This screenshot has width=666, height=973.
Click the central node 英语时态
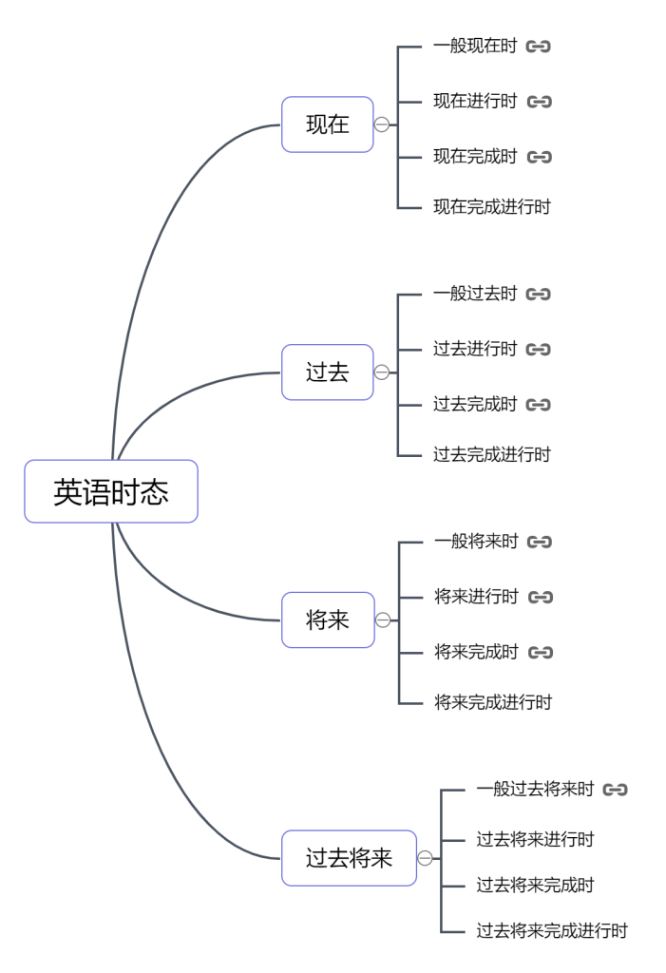111,491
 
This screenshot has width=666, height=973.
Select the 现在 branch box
328,124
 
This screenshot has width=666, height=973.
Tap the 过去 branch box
328,372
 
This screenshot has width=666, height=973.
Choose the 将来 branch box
328,620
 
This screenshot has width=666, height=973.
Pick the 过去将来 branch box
349,858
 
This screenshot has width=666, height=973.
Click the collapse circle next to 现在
382,124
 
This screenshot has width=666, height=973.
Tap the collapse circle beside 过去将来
425,858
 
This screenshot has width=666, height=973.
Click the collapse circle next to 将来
383,620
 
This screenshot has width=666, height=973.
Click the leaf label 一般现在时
475,46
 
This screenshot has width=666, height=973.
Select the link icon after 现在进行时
540,102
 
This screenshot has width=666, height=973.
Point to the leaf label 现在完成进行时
492,206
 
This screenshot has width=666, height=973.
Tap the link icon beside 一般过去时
539,294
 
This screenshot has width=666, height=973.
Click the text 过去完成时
475,405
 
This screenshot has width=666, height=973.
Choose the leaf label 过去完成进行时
492,454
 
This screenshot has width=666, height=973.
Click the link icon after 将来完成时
541,652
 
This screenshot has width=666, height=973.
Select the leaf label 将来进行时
476,597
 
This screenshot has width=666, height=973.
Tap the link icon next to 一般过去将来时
616,789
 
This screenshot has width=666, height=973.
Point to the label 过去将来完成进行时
552,930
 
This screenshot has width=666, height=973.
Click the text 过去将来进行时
535,839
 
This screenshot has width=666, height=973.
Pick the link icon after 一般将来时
540,542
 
